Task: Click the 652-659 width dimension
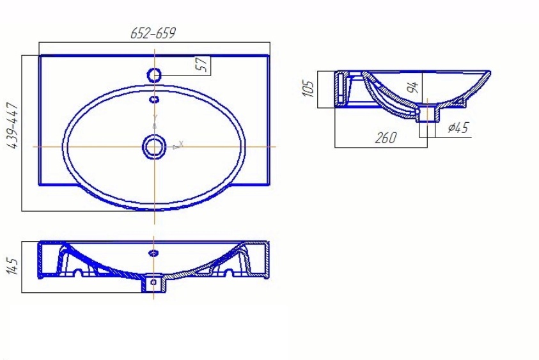[x=153, y=33]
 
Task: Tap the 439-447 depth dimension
[x=13, y=125]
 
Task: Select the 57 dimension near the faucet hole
[x=203, y=65]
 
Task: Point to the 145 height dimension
[x=13, y=267]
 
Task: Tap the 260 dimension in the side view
[x=386, y=138]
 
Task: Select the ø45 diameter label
[x=458, y=127]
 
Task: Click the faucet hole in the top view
[x=154, y=75]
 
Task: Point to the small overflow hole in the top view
[x=154, y=99]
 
